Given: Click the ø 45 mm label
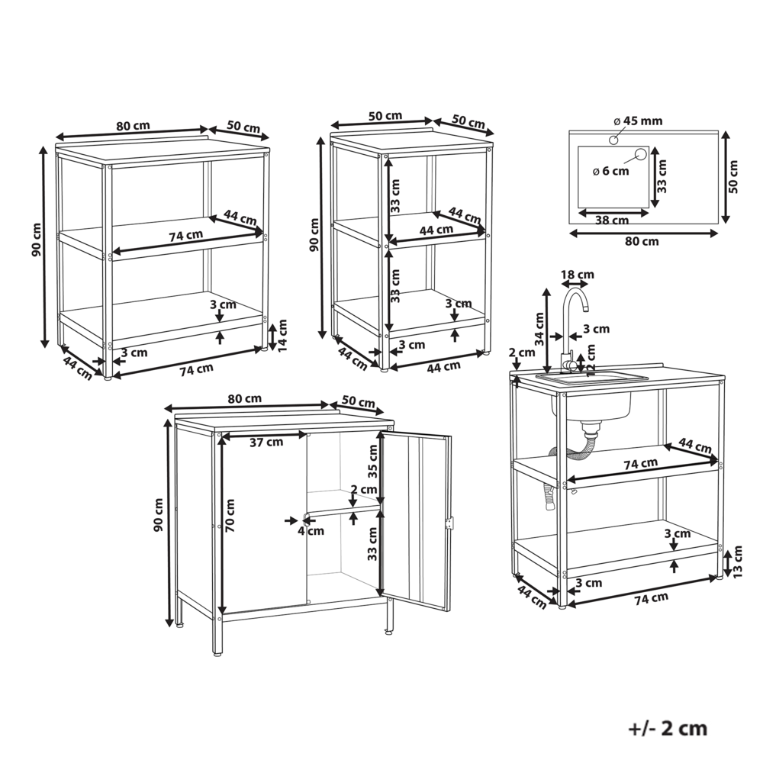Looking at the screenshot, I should tap(638, 121).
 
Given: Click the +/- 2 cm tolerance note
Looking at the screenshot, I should tap(668, 728).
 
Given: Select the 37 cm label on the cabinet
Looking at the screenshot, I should tap(266, 442).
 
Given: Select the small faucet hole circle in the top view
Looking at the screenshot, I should tap(613, 140).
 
